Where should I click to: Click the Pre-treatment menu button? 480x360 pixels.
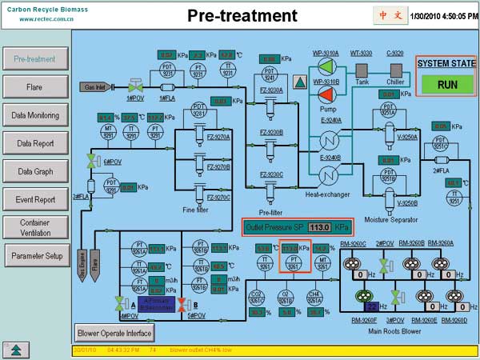[x=35, y=58]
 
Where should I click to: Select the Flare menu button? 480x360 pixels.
[x=35, y=86]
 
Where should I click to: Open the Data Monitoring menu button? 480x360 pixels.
[x=35, y=115]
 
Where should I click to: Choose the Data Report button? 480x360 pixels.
[x=35, y=143]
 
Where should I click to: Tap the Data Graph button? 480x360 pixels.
[x=35, y=171]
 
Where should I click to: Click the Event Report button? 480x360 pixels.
[x=35, y=199]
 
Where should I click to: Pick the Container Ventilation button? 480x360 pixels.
[x=35, y=227]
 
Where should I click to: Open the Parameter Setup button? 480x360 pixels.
[x=35, y=256]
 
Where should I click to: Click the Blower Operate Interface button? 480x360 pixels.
[x=114, y=332]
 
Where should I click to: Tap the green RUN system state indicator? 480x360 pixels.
[x=446, y=84]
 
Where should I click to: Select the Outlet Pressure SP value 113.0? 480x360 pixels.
[x=321, y=226]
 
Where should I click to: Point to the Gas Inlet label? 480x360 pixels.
[x=94, y=86]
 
